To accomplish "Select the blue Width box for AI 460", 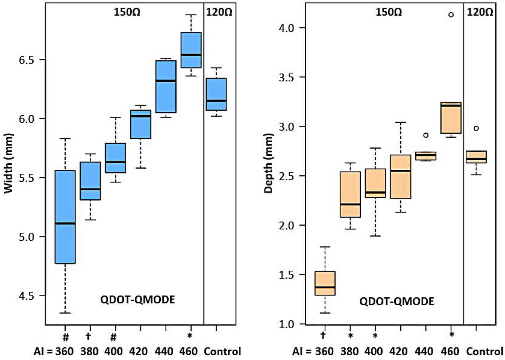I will coord(191,50).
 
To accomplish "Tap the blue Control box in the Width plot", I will coord(216,94).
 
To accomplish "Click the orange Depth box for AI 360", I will coord(325,283).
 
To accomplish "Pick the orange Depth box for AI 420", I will coord(400,177).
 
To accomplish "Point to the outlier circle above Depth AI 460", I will coord(451,15).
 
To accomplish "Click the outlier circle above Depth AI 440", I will coord(426,135).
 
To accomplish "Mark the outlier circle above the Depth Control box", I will coord(476,128).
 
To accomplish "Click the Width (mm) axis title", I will coord(9,163).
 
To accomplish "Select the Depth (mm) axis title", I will coord(268,163).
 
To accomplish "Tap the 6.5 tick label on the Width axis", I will coord(26,60).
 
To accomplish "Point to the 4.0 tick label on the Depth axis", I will coord(287,28).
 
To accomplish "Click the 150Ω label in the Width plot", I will coord(127,12).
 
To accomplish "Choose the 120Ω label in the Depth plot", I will coord(480,12).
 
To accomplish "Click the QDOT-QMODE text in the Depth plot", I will coord(397,301).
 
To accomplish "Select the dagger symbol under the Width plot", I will coord(89,337).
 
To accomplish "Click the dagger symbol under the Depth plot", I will coord(323,335).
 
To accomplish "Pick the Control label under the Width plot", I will coord(222,351).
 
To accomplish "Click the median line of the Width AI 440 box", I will coord(166,81).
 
